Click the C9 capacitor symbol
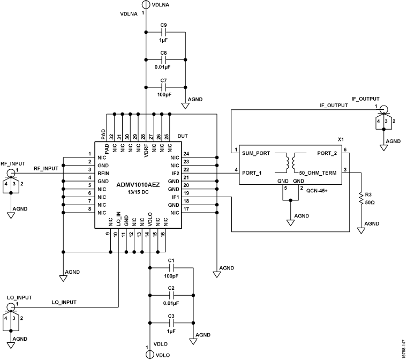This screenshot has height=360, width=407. pyautogui.click(x=164, y=34)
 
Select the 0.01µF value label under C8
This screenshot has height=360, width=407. pyautogui.click(x=164, y=67)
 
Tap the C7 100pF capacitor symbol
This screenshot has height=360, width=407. pyautogui.click(x=164, y=86)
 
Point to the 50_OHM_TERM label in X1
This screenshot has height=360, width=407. pyautogui.click(x=318, y=172)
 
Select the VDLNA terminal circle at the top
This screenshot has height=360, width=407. pyautogui.click(x=145, y=5)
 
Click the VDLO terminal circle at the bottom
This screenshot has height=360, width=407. pyautogui.click(x=147, y=355)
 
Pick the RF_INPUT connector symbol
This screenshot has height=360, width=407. pyautogui.click(x=10, y=172)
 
